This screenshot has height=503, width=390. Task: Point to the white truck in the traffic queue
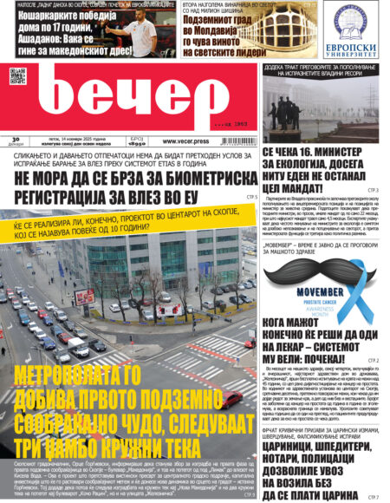[79, 349]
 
